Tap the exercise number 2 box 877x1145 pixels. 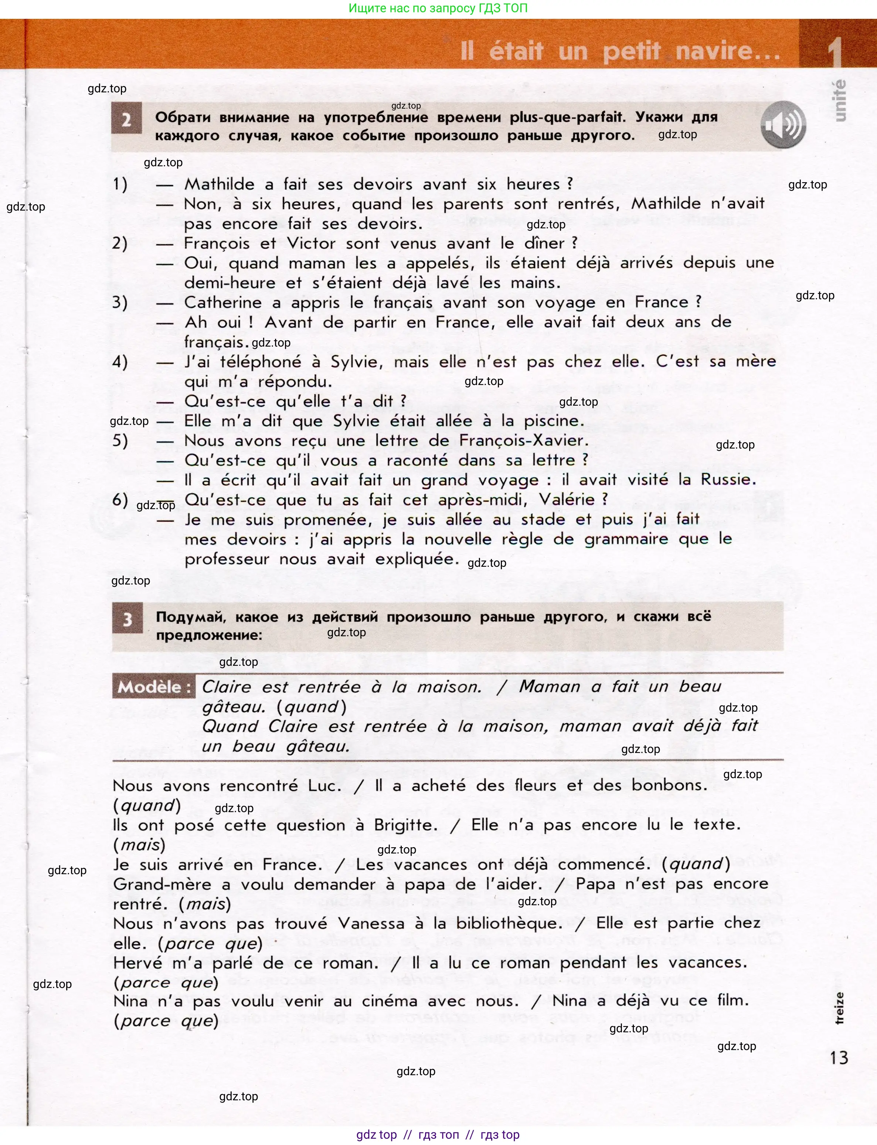pyautogui.click(x=126, y=119)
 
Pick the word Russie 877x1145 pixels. pyautogui.click(x=727, y=480)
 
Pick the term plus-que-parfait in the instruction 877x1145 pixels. pyautogui.click(x=567, y=117)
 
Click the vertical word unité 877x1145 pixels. pyautogui.click(x=839, y=101)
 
